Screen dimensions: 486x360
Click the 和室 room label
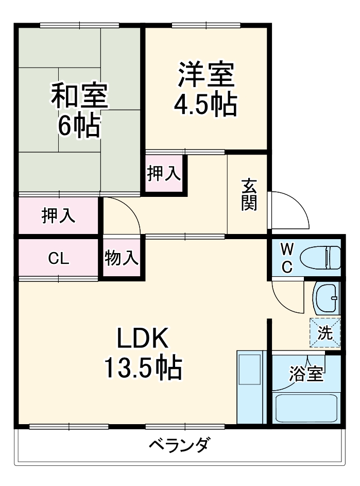[79, 95]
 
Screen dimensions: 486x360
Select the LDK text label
[143, 340]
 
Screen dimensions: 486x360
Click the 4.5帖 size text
[205, 105]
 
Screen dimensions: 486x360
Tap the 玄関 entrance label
[249, 195]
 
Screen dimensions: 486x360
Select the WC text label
[286, 258]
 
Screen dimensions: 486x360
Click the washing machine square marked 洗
[325, 333]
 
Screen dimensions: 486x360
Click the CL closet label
[58, 258]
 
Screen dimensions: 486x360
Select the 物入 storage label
[122, 258]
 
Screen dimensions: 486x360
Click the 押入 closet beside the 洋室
[164, 174]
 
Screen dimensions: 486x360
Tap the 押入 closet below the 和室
[58, 216]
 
